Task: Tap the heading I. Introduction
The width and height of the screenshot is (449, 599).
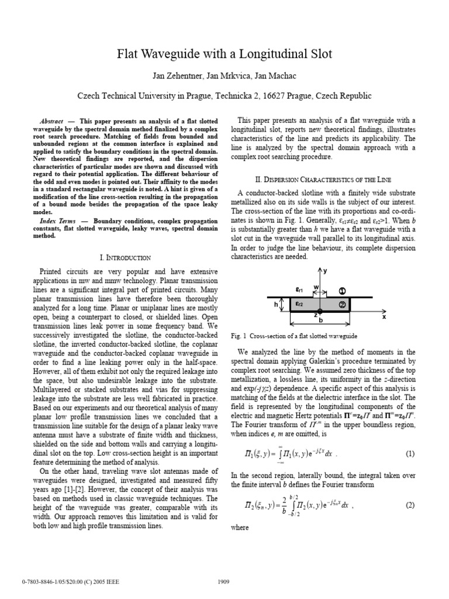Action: tap(125, 257)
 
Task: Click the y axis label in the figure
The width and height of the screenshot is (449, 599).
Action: tap(326, 271)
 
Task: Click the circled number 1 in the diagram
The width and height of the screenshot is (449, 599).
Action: tap(343, 291)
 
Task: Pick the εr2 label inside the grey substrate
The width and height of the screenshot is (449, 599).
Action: tap(299, 304)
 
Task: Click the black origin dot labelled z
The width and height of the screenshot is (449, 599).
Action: tap(320, 311)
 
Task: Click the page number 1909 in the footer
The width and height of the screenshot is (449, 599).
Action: tap(224, 582)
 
